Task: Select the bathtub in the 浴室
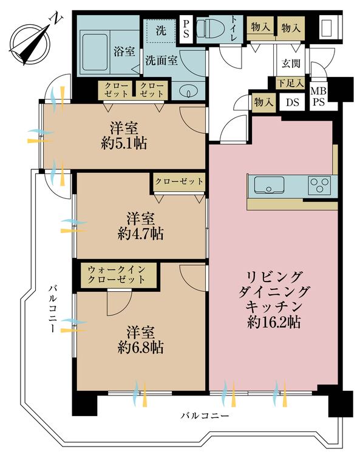coord(94,53)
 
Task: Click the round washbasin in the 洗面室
coord(188,91)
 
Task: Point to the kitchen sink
coord(269,185)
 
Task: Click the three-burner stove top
coord(319,185)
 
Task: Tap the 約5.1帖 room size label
coord(124,143)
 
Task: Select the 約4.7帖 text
coord(140,234)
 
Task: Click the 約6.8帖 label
coord(140,347)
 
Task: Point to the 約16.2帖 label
coord(274,321)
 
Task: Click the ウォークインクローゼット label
coord(116,274)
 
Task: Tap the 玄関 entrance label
coord(291,63)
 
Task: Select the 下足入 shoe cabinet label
coord(290,83)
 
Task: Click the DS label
coord(293,102)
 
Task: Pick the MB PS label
coord(319,96)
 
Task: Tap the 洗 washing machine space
coord(160,30)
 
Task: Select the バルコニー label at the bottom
coord(205,416)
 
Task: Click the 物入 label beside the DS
coord(263,102)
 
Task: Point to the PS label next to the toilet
coord(186,29)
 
